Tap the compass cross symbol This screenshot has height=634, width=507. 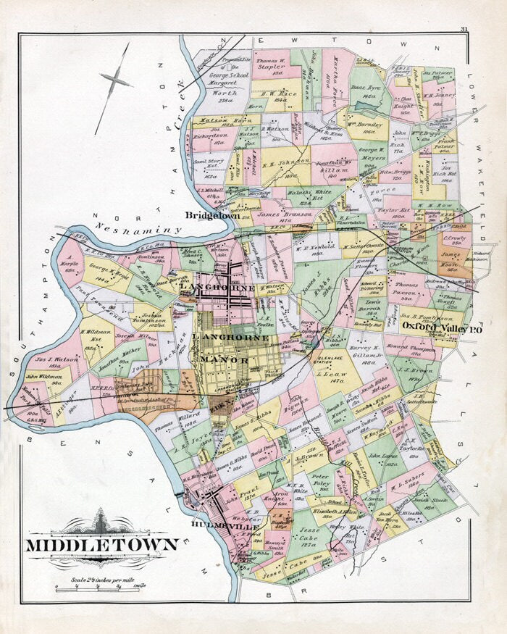(116, 81)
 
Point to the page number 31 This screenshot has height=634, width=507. (463, 29)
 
